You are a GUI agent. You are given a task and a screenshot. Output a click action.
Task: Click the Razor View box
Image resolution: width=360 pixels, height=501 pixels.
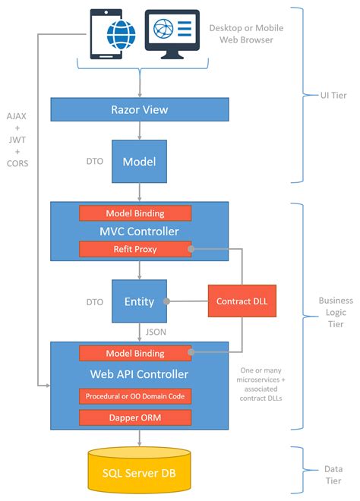pyautogui.click(x=139, y=110)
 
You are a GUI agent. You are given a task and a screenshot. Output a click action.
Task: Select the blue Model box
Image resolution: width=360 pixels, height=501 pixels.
pyautogui.click(x=139, y=161)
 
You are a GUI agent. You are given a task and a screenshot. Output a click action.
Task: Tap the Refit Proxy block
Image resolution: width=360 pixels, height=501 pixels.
pyautogui.click(x=135, y=248)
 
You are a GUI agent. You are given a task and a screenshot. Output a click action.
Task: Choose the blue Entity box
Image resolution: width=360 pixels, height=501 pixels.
pyautogui.click(x=139, y=301)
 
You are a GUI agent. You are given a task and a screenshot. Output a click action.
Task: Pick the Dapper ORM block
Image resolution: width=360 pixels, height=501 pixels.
pyautogui.click(x=135, y=417)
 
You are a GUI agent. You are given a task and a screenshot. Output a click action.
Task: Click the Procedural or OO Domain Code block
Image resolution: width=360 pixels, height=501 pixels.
pyautogui.click(x=135, y=395)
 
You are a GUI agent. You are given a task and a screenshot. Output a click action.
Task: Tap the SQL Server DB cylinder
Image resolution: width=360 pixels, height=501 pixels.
pyautogui.click(x=139, y=474)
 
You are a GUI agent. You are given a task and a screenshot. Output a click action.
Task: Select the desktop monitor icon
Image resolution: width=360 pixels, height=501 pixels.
pyautogui.click(x=173, y=33)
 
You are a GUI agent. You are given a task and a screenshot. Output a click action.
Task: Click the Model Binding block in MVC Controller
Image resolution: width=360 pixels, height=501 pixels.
pyautogui.click(x=135, y=213)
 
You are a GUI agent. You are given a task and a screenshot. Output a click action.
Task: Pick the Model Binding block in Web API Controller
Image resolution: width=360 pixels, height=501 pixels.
pyautogui.click(x=135, y=353)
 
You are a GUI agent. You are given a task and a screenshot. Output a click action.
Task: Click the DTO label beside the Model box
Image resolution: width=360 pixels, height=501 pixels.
pyautogui.click(x=94, y=161)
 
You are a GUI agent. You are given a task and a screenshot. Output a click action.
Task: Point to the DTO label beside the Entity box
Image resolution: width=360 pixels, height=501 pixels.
pyautogui.click(x=94, y=301)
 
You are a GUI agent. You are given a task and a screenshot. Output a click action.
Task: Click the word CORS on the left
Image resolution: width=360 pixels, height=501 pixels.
pyautogui.click(x=17, y=162)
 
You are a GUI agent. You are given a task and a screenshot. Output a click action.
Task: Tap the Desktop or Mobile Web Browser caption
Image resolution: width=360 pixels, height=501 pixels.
pyautogui.click(x=246, y=34)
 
